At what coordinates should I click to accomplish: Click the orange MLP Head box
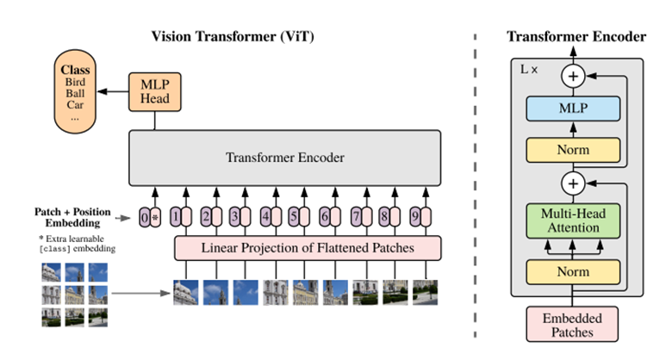(x=154, y=90)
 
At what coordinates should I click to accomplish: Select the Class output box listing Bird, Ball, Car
(x=75, y=90)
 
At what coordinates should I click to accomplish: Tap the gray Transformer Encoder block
(x=285, y=158)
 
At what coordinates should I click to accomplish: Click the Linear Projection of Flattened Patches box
(x=308, y=248)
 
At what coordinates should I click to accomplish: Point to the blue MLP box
(x=573, y=108)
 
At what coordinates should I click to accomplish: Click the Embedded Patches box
(x=573, y=325)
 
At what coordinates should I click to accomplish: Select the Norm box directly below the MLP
(x=573, y=150)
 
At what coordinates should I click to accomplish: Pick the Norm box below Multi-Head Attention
(x=573, y=272)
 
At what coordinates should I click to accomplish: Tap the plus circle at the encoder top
(x=573, y=77)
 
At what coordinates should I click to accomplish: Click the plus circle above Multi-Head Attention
(x=573, y=183)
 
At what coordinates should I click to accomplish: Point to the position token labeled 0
(x=145, y=217)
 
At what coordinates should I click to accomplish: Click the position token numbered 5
(x=293, y=217)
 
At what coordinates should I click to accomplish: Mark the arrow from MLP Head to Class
(x=112, y=90)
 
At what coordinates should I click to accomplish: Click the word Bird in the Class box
(x=75, y=82)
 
